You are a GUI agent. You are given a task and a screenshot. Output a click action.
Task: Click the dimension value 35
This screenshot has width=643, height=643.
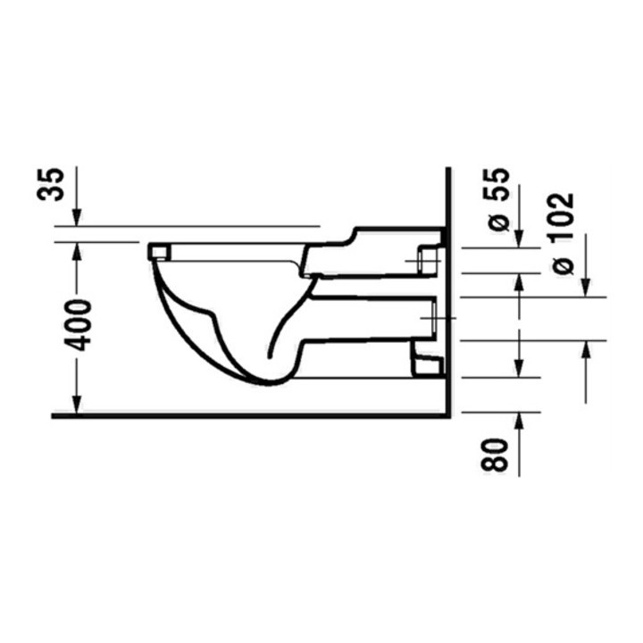pyautogui.click(x=51, y=184)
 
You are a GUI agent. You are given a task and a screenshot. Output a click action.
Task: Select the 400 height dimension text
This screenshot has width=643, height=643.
pyautogui.click(x=77, y=326)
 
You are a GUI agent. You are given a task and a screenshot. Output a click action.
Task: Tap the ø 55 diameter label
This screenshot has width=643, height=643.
pyautogui.click(x=498, y=200)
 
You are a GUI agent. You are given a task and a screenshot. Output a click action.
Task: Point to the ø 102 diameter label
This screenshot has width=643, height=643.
pyautogui.click(x=563, y=233)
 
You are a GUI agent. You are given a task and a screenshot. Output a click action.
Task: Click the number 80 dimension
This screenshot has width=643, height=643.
pyautogui.click(x=494, y=455)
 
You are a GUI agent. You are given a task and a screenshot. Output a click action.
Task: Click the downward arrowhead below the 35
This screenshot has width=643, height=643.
pyautogui.click(x=77, y=217)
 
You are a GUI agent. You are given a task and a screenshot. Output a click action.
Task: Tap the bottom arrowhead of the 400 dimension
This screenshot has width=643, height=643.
pyautogui.click(x=77, y=405)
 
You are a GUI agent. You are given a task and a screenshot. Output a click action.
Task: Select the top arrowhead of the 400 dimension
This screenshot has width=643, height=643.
pyautogui.click(x=77, y=251)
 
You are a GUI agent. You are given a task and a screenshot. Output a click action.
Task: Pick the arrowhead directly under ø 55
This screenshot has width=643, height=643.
pyautogui.click(x=519, y=239)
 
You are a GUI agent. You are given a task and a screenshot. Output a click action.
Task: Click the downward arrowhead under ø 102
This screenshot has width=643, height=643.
pyautogui.click(x=587, y=288)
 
